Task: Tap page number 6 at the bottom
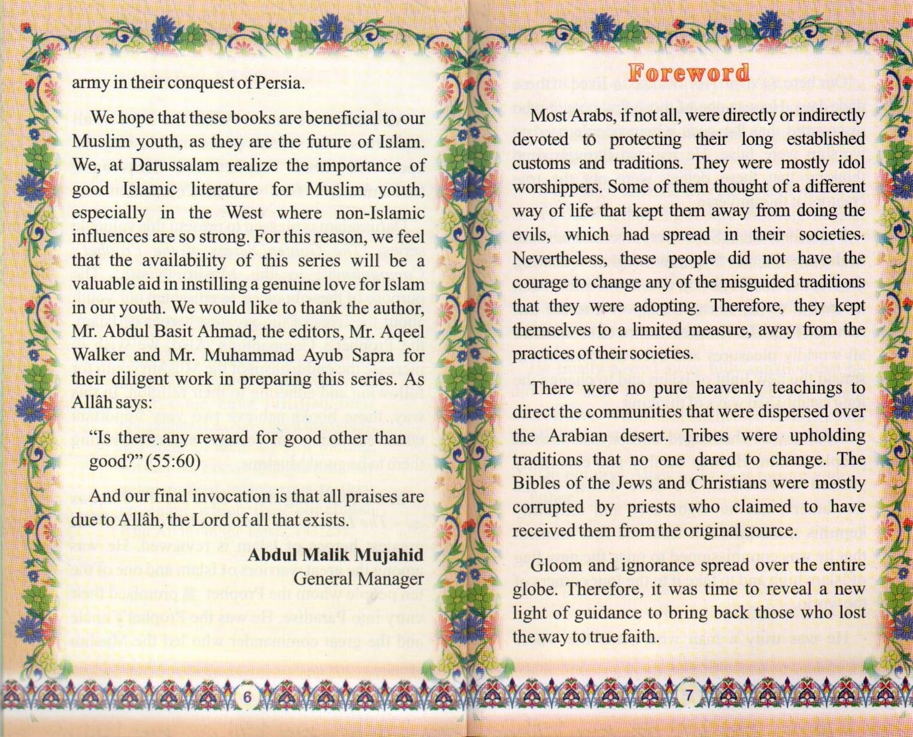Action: pos(247,697)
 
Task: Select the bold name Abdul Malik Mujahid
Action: pos(335,555)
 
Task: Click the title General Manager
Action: pos(358,579)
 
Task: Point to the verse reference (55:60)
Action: pos(173,462)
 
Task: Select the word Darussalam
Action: pos(175,165)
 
